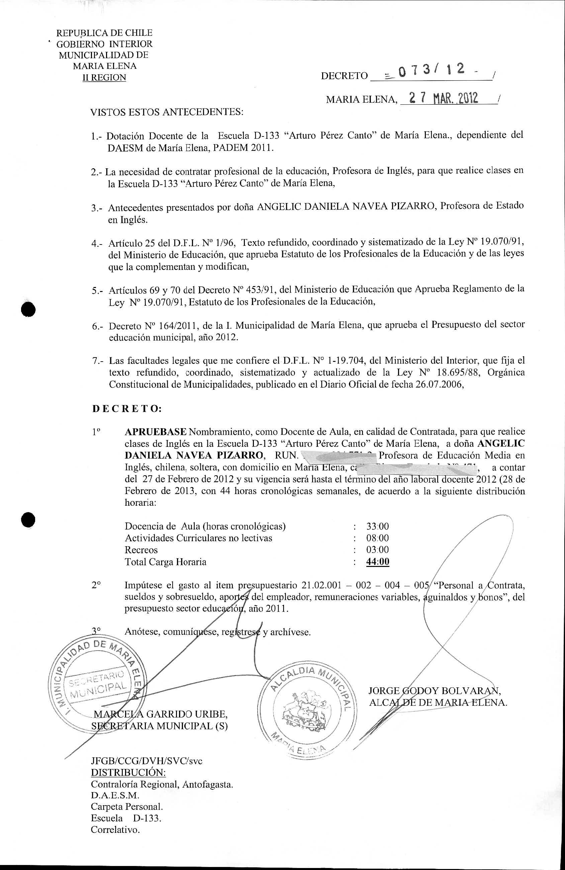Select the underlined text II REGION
tap(104, 78)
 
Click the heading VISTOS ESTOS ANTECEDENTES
tap(167, 111)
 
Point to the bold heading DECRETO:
tap(127, 409)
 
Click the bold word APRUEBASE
tap(156, 432)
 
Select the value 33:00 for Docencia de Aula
tap(377, 526)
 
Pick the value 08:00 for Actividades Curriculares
tap(377, 538)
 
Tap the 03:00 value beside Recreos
tap(377, 550)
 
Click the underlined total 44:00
tap(377, 562)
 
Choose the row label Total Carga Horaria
tap(165, 562)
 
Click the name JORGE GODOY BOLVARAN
tap(435, 691)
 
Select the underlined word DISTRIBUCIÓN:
tap(128, 772)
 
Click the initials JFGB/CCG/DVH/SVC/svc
tap(146, 761)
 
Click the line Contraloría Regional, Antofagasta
tap(162, 784)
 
